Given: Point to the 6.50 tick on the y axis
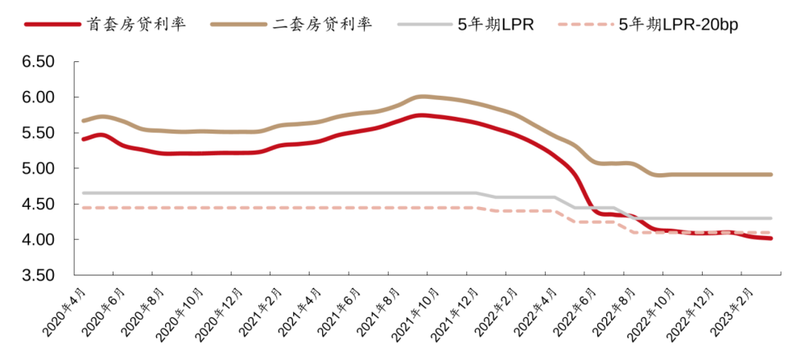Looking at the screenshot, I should pos(39,62).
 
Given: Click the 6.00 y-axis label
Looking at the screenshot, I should pos(39,97).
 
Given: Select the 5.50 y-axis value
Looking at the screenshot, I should pos(39,133).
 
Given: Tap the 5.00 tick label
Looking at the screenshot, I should pos(39,168).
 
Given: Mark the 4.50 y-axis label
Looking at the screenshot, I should pos(39,205).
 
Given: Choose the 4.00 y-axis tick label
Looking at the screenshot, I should pos(39,240).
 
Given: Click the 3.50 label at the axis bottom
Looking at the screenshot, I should pos(39,275).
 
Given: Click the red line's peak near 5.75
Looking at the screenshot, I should pos(421,115).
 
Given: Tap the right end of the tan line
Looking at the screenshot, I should pos(771,175).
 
